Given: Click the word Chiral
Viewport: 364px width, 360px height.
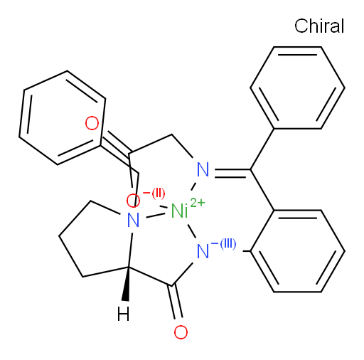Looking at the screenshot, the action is [x=319, y=26].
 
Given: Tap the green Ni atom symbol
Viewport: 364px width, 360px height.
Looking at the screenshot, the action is [x=179, y=211].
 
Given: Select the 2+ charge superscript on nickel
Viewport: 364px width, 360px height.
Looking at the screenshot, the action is [x=197, y=203].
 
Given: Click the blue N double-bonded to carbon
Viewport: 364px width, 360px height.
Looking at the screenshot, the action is [x=203, y=169].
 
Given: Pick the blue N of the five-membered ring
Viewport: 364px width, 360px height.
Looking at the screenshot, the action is [x=133, y=220].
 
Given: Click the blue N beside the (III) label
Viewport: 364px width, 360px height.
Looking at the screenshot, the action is [x=203, y=251].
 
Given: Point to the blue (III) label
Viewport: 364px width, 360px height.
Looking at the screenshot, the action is [x=228, y=244].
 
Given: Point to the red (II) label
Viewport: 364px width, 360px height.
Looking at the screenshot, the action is [x=159, y=194].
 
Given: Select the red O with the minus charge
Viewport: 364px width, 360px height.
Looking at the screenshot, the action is [x=133, y=201].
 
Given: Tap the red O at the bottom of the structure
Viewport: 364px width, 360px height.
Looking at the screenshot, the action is [x=181, y=332].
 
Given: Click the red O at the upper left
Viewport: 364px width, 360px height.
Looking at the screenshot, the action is [x=92, y=123].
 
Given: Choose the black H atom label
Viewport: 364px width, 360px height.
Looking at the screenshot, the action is [x=124, y=314].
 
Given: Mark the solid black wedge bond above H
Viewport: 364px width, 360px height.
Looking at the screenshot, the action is [x=127, y=284].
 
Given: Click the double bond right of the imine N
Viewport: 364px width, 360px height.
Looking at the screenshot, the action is [x=232, y=174].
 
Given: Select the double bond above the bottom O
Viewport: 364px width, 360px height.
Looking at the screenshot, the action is [x=176, y=302].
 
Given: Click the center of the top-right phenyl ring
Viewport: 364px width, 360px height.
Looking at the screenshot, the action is [x=297, y=88].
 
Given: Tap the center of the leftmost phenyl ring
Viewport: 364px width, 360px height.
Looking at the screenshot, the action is [x=63, y=117].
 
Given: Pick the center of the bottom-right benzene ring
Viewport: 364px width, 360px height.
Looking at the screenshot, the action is [x=297, y=251].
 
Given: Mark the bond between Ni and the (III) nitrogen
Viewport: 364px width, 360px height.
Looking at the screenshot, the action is [x=192, y=231].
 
